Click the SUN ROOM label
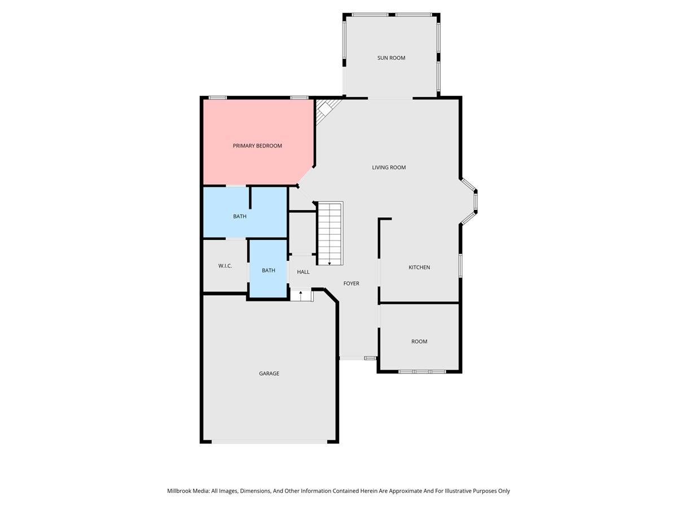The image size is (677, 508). (x=391, y=58)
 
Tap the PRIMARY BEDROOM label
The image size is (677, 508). (x=257, y=146)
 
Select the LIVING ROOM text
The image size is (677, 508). (x=389, y=167)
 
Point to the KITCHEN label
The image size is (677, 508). (x=419, y=267)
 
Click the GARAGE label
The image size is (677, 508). (x=269, y=373)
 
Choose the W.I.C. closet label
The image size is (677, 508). (x=225, y=266)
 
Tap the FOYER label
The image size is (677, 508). (x=351, y=283)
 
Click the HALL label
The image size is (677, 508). (x=304, y=272)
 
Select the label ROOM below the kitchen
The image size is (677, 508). (x=419, y=341)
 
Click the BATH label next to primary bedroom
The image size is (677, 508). (x=240, y=216)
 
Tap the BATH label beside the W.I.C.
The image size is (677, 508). (x=269, y=270)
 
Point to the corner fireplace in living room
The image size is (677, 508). (x=326, y=111)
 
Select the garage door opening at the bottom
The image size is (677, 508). (x=269, y=441)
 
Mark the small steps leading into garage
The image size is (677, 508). (x=301, y=296)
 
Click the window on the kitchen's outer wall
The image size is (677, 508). (x=460, y=265)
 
